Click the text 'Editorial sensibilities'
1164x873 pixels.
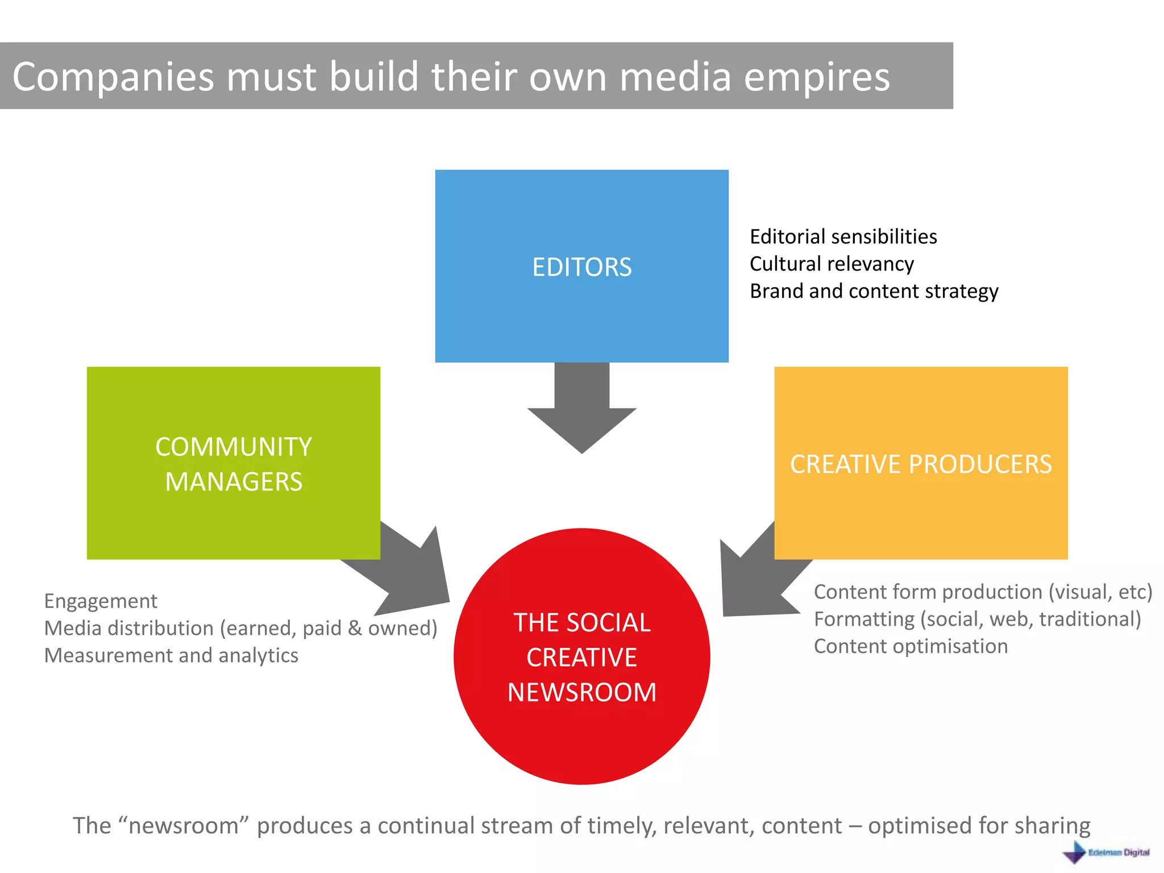[843, 236]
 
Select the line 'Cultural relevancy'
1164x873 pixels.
[832, 264]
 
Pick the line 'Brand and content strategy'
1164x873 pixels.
[874, 291]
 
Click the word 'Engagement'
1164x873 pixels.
[101, 601]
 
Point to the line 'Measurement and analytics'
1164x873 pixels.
[171, 655]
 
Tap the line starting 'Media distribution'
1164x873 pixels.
[240, 628]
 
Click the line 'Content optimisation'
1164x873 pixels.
[911, 646]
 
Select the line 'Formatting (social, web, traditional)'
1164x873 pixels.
[977, 619]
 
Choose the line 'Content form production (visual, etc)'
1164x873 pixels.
[983, 592]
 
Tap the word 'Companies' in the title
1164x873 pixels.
[113, 77]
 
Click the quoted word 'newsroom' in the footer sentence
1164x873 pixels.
[183, 825]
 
